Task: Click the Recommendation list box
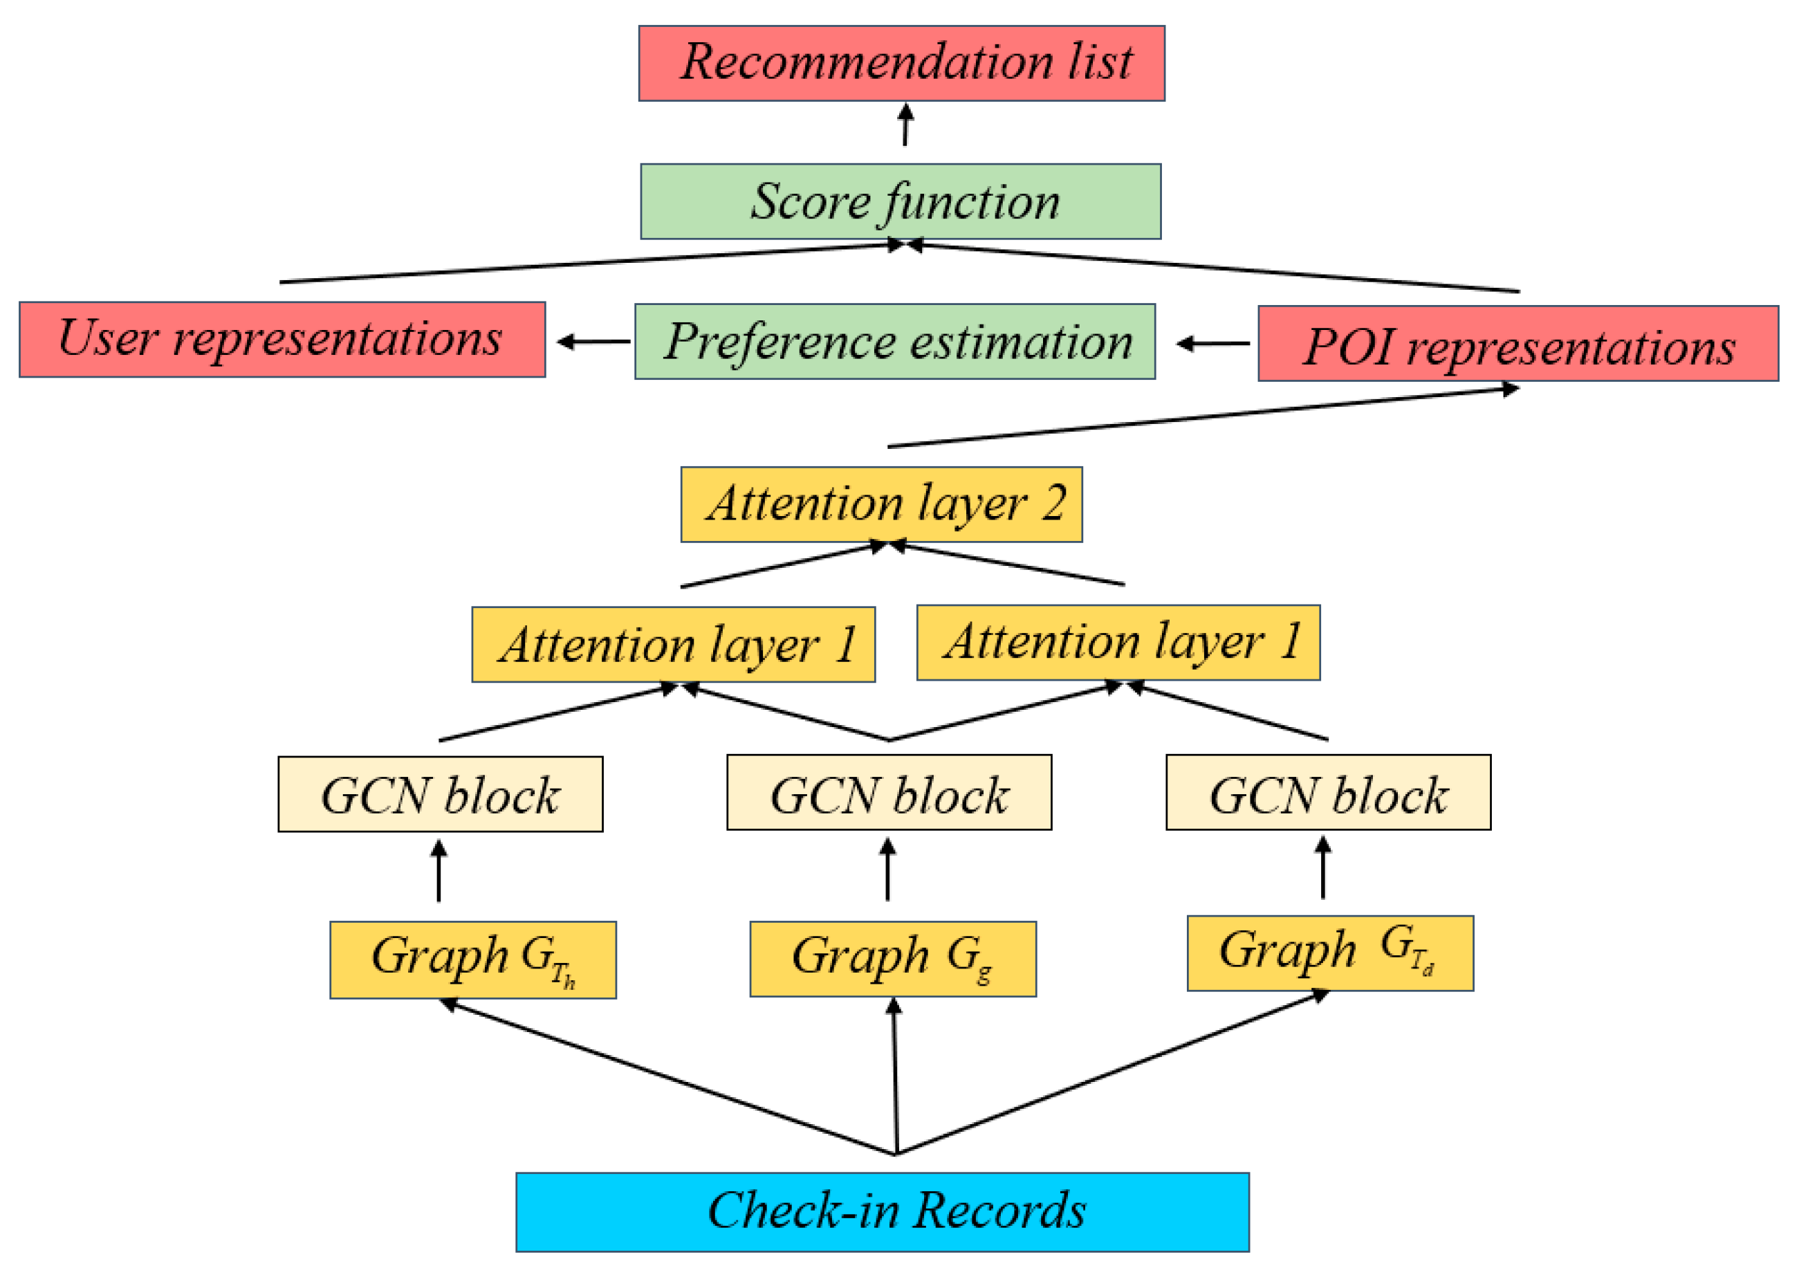pos(901,63)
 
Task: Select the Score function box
pos(901,201)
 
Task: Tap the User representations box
pos(282,340)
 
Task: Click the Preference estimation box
pos(895,341)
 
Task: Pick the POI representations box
pos(1517,344)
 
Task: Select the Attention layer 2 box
pos(881,504)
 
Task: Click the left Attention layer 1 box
pos(673,644)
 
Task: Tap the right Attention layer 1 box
pos(1118,643)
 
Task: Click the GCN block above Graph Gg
pos(889,793)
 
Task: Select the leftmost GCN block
pos(441,794)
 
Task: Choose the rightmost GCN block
pos(1328,793)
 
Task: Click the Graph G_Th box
pos(472,959)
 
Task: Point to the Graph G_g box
pos(892,959)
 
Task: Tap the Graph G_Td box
pos(1329,953)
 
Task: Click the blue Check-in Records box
pos(882,1212)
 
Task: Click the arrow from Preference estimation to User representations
pos(593,341)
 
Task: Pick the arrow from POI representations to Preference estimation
pos(1212,343)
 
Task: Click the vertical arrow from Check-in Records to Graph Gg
pos(895,1077)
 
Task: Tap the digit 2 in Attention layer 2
pos(1053,502)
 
